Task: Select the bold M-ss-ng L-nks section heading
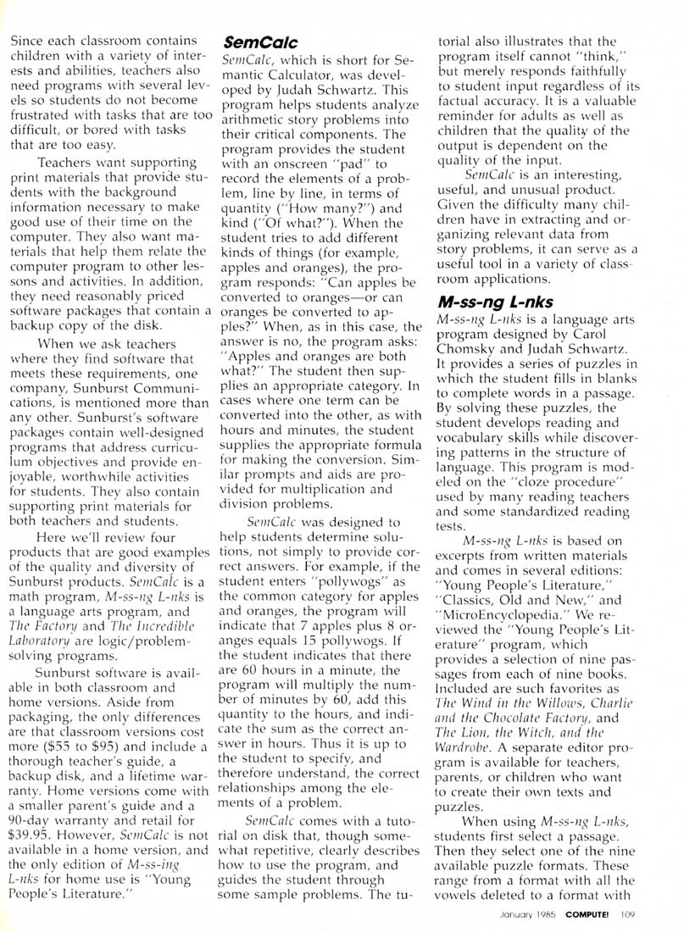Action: (x=483, y=303)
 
